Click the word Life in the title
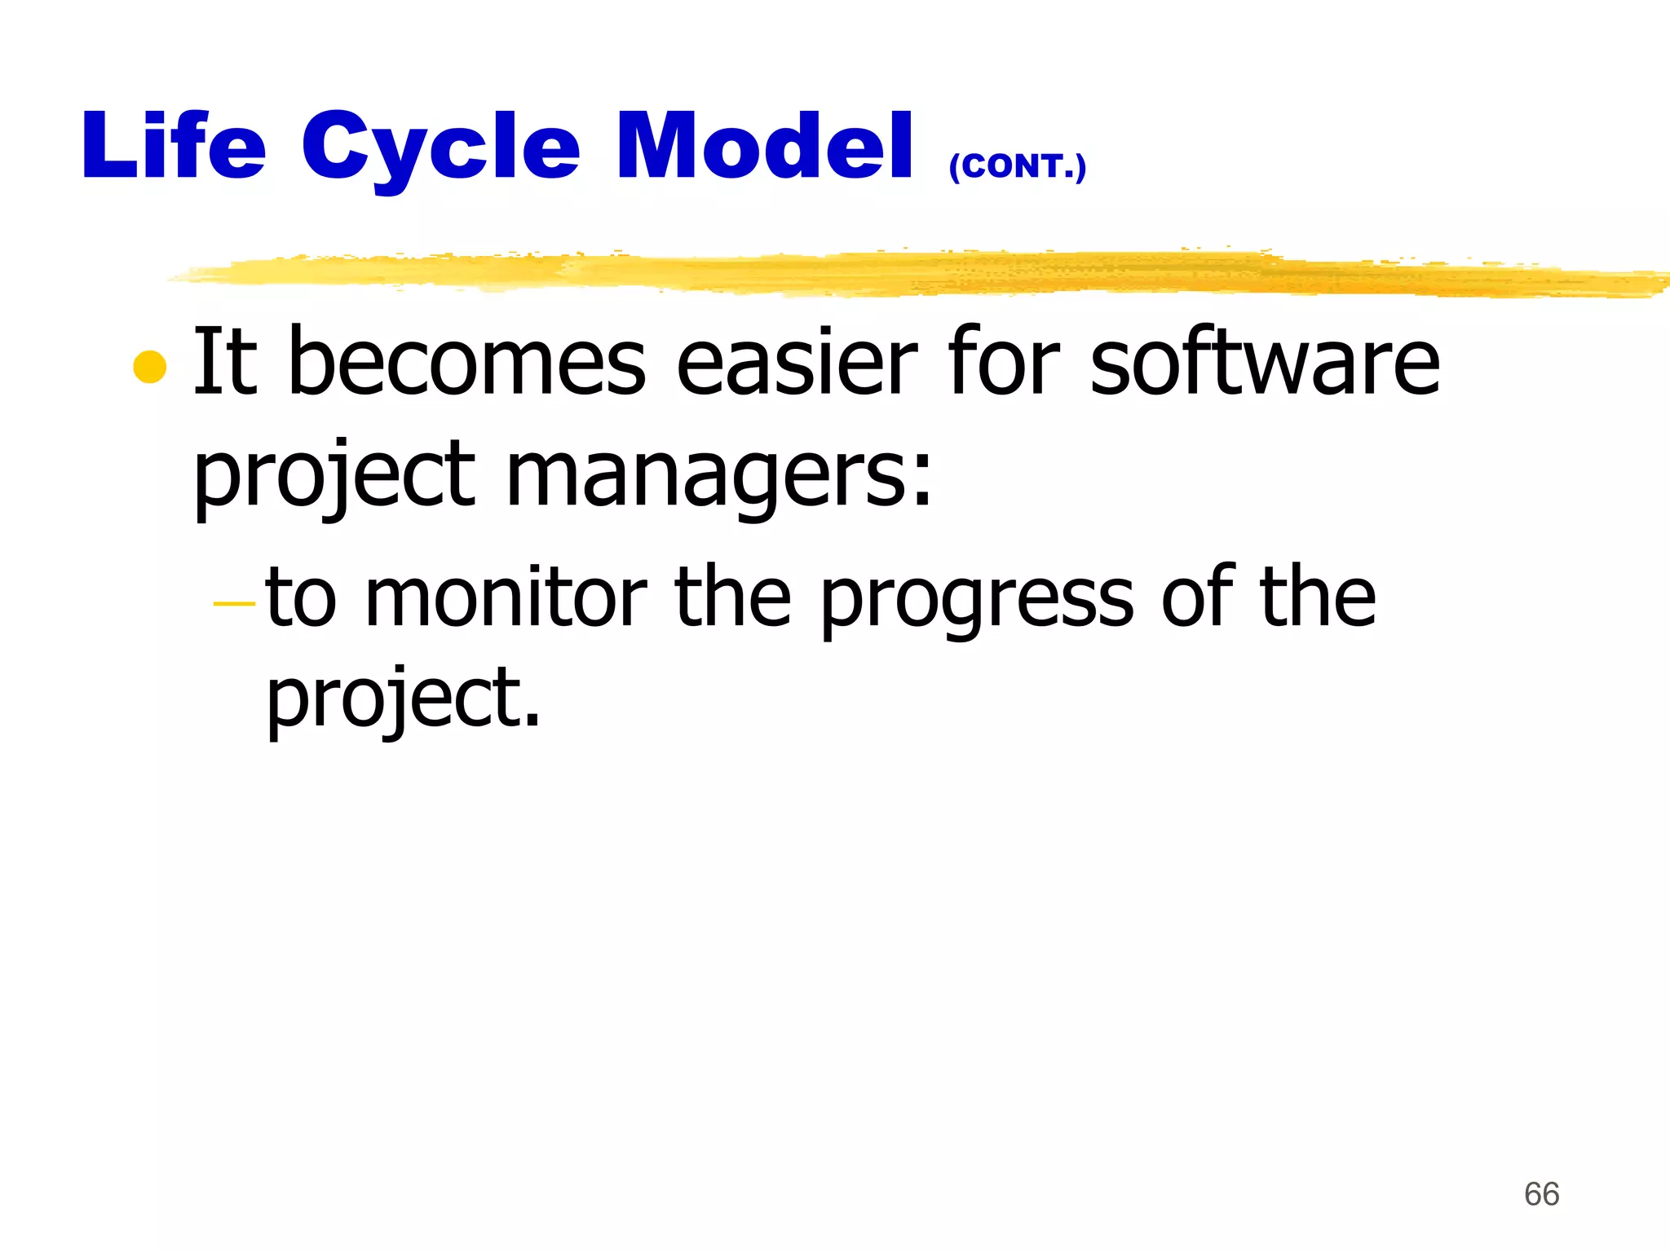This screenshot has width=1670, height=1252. point(174,147)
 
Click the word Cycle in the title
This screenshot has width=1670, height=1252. point(440,148)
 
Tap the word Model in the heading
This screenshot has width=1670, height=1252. point(764,147)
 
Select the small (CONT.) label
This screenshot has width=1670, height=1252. point(1017,166)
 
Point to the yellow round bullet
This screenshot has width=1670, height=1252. point(149,367)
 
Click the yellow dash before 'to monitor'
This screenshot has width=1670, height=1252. point(234,604)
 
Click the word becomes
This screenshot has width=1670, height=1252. point(467,362)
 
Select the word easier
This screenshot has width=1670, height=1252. point(797,362)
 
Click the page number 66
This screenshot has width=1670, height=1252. point(1541,1194)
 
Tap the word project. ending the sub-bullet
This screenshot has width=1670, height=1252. point(403,699)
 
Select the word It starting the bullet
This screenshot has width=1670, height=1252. point(224,362)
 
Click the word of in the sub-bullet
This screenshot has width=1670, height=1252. point(1196,597)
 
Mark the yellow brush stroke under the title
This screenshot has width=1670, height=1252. point(897,273)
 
